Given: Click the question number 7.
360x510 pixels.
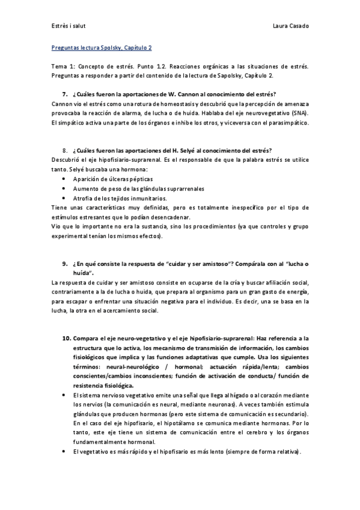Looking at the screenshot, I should coord(65,95).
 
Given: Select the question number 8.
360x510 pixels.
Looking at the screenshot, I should coord(65,150).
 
